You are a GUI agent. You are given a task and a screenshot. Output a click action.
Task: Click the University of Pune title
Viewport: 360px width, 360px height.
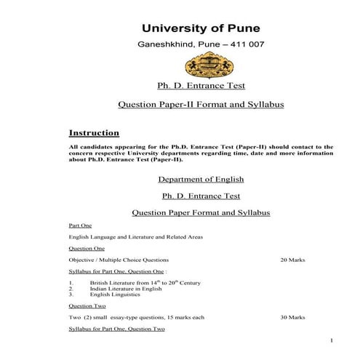[200, 28]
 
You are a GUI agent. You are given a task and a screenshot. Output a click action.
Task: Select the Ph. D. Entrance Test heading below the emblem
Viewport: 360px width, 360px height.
[200, 88]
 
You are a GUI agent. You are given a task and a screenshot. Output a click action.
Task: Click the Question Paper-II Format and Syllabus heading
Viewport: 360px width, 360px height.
[200, 105]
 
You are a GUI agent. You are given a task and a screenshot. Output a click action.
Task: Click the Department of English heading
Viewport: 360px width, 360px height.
[200, 179]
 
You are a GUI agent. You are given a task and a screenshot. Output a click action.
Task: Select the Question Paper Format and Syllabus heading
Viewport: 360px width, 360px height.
[200, 212]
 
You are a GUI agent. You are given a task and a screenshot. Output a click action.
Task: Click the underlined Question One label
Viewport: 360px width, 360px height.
[87, 249]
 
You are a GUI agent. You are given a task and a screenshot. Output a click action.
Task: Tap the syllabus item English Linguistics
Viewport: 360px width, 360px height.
[116, 295]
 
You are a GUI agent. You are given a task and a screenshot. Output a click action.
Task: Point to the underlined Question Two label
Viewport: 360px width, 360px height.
[87, 306]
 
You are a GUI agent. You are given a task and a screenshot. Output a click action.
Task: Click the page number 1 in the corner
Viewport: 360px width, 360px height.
[331, 341]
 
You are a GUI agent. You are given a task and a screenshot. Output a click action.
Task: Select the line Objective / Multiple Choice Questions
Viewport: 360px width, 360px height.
[119, 260]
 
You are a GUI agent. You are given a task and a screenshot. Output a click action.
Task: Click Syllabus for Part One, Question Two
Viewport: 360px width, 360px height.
[117, 329]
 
